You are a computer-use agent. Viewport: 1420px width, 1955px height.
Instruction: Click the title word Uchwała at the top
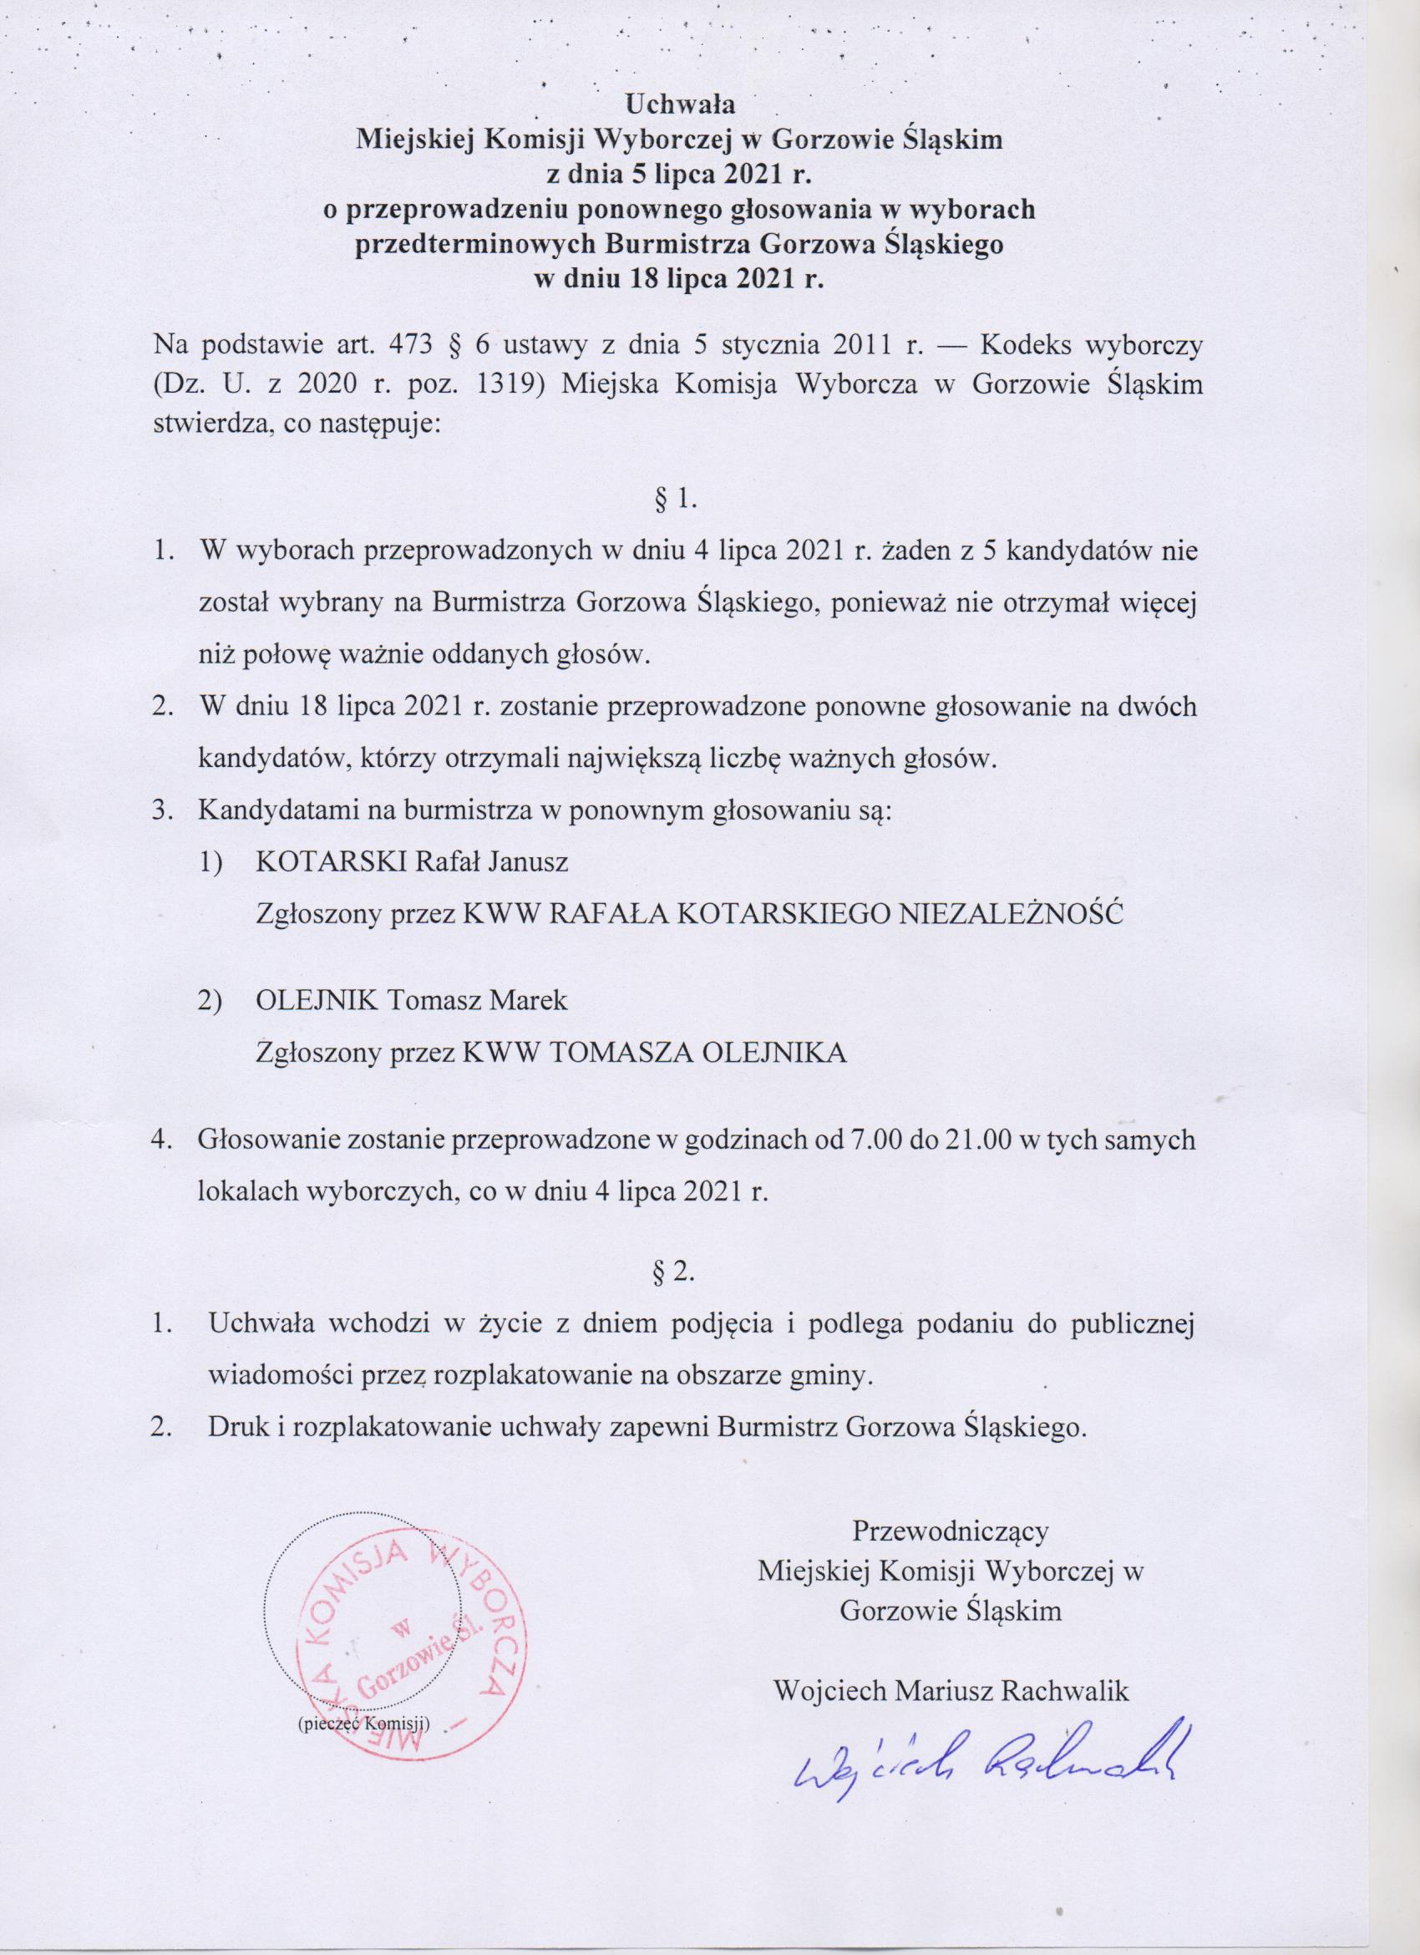[679, 107]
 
